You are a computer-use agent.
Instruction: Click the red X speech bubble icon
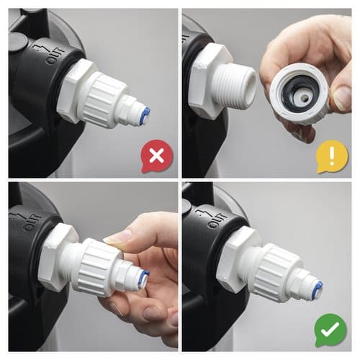click(157, 156)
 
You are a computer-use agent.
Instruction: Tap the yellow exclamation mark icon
click(332, 156)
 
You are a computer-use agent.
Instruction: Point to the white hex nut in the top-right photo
click(210, 81)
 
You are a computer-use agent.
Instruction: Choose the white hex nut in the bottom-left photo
click(58, 257)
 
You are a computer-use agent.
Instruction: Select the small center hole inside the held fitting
click(305, 98)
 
